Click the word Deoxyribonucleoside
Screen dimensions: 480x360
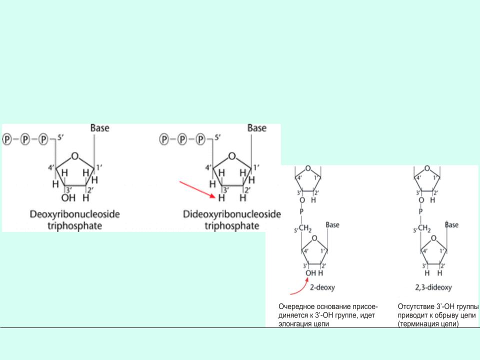pyautogui.click(x=74, y=214)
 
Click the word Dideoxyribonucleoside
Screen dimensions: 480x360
pyautogui.click(x=231, y=214)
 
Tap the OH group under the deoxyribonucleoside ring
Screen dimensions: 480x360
pyautogui.click(x=68, y=198)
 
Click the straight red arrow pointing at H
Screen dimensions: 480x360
pyautogui.click(x=197, y=190)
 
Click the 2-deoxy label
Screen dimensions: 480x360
pyautogui.click(x=322, y=287)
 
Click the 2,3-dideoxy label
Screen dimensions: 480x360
pyautogui.click(x=433, y=287)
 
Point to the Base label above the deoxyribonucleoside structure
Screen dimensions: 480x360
pyautogui.click(x=100, y=127)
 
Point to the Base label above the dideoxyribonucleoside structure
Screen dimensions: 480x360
pyautogui.click(x=257, y=127)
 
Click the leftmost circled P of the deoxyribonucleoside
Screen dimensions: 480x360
pyautogui.click(x=6, y=139)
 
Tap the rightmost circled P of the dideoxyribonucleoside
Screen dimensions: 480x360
pyautogui.click(x=200, y=139)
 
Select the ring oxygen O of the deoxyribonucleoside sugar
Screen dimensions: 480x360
pyautogui.click(x=74, y=156)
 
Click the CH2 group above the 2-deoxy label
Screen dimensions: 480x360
pyautogui.click(x=305, y=228)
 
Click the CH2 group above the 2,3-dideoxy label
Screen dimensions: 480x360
pyautogui.click(x=424, y=228)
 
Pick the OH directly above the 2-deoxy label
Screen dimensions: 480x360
pyautogui.click(x=310, y=273)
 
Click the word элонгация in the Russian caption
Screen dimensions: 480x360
pyautogui.click(x=291, y=323)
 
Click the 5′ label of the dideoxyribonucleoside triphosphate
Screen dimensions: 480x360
pyautogui.click(x=217, y=137)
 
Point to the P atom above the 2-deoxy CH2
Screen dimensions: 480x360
pyautogui.click(x=301, y=211)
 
